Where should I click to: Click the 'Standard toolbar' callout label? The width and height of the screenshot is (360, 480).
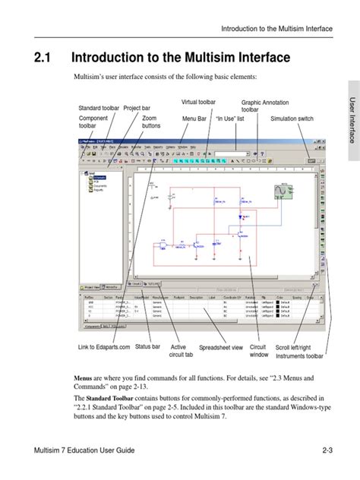[x=99, y=109]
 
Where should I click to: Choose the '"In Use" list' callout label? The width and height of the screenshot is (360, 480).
[x=231, y=119]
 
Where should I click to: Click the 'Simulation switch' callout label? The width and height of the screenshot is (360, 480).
[x=292, y=119]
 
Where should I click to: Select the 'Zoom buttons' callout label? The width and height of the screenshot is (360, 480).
[x=149, y=123]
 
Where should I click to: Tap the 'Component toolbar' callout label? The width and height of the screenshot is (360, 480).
[x=93, y=123]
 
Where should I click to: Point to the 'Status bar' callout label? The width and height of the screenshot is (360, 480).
[x=147, y=347]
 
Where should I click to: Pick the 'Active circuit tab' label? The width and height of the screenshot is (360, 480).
[x=178, y=351]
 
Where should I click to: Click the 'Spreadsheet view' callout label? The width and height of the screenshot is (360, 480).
[x=221, y=348]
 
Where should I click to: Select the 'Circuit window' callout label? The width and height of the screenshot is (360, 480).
[x=259, y=351]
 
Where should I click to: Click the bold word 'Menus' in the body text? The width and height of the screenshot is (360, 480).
[x=82, y=377]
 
